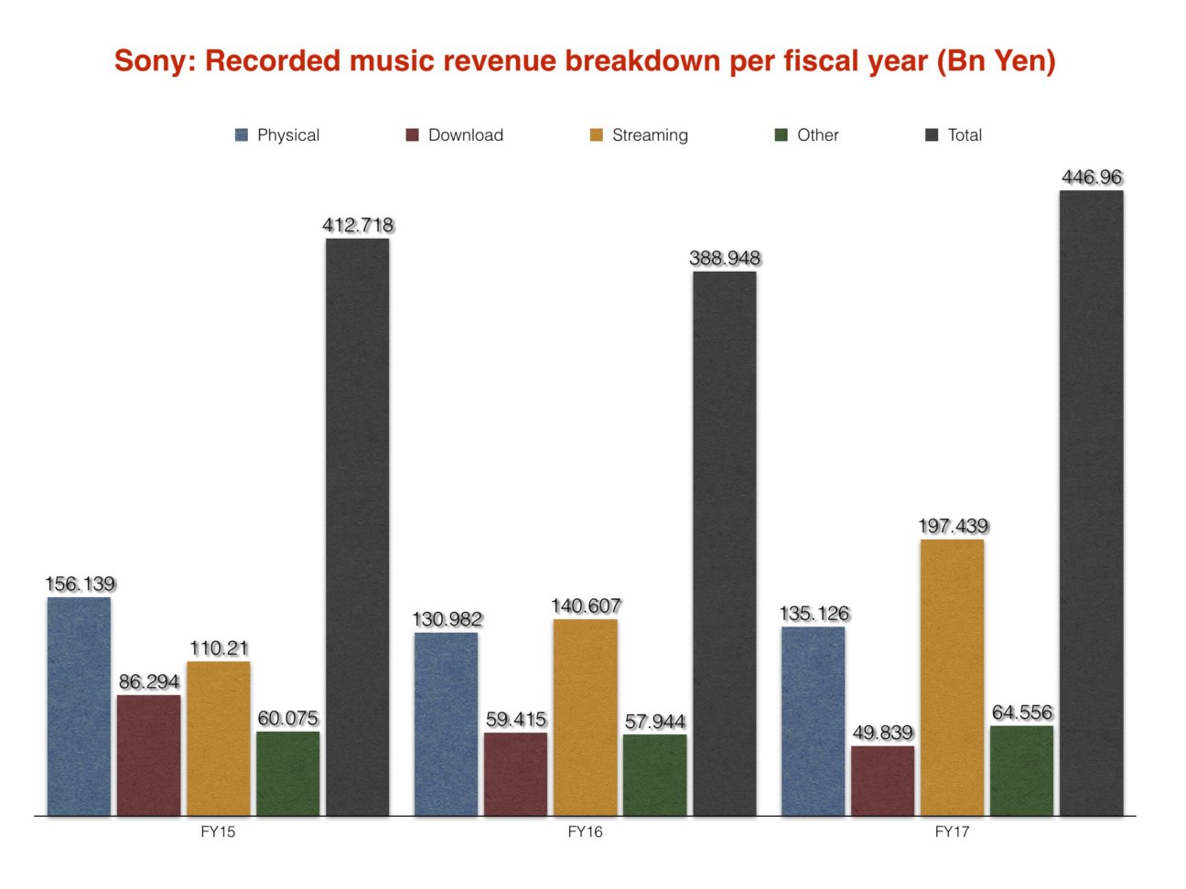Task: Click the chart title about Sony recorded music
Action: point(585,61)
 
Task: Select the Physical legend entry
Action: point(277,135)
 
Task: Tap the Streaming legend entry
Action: point(639,135)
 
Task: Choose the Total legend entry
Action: point(954,135)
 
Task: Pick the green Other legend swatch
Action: point(781,135)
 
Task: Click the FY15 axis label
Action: point(218,831)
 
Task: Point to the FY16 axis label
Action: point(585,831)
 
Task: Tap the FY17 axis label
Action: point(952,831)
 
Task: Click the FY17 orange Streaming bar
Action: point(952,677)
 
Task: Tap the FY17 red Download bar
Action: point(882,780)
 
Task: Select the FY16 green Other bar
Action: point(654,775)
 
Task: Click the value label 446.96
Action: point(1092,177)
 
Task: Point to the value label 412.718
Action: point(358,225)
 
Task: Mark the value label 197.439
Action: point(953,526)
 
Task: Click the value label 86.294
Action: point(149,681)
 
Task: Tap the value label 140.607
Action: point(586,605)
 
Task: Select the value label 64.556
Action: point(1022,712)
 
